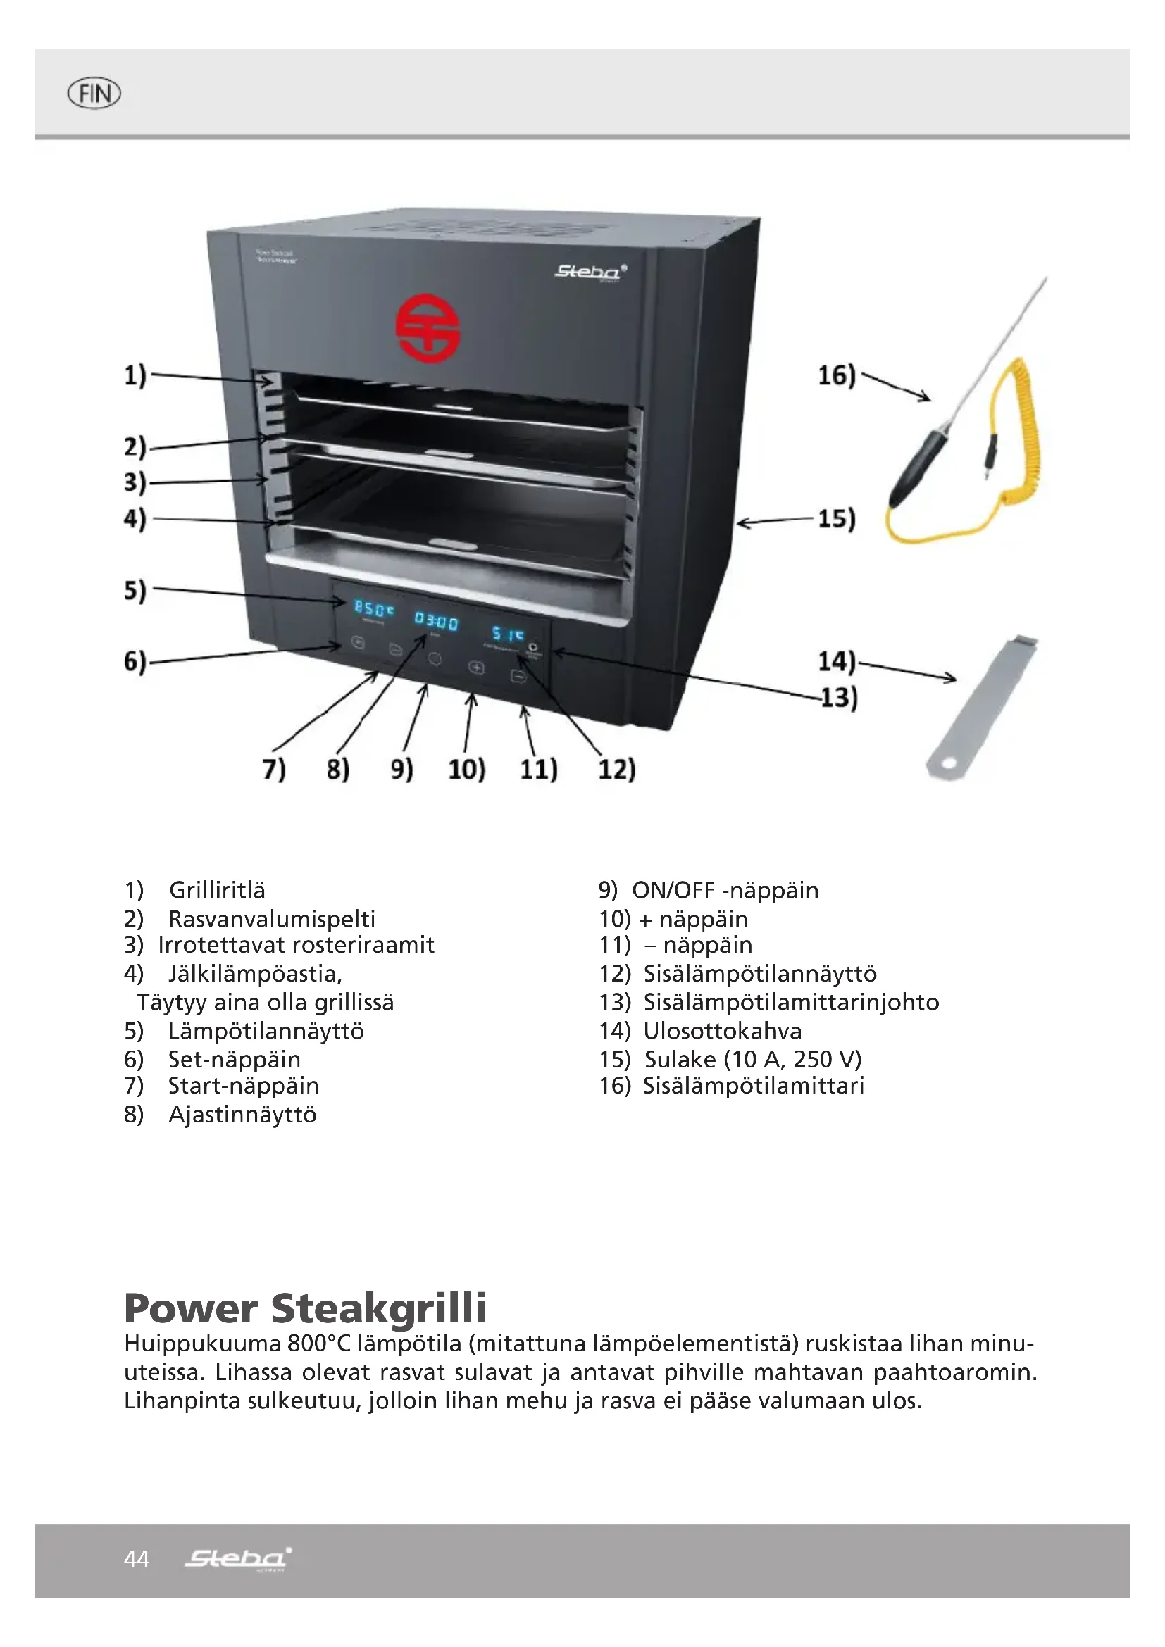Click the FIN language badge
(x=94, y=93)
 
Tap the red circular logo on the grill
(x=428, y=331)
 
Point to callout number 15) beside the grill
(x=837, y=518)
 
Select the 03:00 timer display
(x=435, y=621)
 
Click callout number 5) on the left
(x=135, y=590)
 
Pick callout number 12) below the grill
(x=617, y=769)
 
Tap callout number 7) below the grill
(x=274, y=769)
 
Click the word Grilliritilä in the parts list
(x=217, y=890)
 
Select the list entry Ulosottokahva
(x=722, y=1031)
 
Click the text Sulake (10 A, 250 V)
(x=752, y=1060)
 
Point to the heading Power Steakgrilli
(x=306, y=1308)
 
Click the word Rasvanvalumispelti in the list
(x=271, y=919)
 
